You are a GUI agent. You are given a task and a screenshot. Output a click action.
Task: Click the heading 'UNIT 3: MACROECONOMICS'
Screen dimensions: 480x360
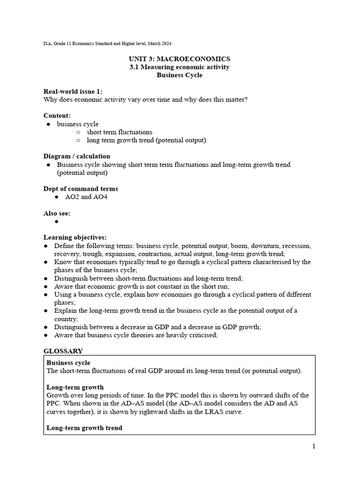180,59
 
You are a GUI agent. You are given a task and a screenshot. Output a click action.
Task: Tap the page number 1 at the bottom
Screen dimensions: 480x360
314,446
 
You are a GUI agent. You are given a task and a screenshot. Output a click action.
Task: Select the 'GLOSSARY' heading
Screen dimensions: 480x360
63,351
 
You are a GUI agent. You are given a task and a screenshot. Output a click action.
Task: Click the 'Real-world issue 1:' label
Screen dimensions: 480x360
73,91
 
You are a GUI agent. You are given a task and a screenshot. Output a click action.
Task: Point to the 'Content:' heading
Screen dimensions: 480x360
57,116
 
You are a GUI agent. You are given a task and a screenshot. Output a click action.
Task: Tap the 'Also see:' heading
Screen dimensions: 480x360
57,213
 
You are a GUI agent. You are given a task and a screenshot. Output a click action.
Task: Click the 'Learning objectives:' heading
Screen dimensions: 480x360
75,238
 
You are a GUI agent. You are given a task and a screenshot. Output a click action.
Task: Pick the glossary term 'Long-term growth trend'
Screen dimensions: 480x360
84,428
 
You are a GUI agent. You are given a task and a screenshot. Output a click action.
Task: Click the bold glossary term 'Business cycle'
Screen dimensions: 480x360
68,363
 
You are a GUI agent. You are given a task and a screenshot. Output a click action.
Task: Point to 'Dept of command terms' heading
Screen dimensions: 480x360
81,189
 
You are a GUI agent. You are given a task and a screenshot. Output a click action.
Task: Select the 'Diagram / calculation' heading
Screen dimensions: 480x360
77,156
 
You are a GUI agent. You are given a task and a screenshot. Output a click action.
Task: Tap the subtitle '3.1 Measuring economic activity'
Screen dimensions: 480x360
180,67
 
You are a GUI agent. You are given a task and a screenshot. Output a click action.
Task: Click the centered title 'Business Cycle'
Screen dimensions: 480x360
180,75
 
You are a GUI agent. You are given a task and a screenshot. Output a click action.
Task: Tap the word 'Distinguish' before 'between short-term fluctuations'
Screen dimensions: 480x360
71,278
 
